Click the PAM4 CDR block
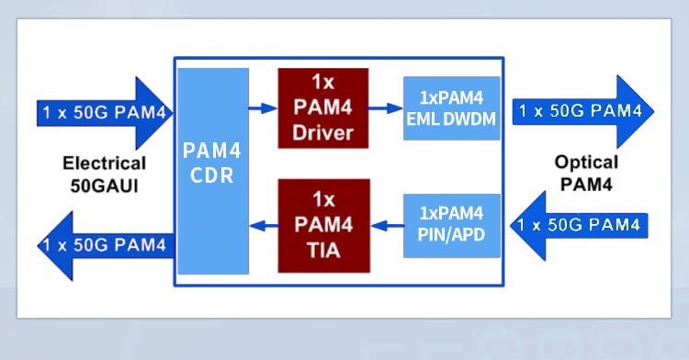tap(213, 171)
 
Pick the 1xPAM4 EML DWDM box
tap(451, 108)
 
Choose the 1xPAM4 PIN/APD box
tap(451, 225)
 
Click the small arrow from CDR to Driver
tap(263, 108)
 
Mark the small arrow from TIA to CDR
tap(263, 225)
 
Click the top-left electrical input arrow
tap(101, 114)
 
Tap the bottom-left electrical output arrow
tap(101, 245)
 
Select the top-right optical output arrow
tap(582, 112)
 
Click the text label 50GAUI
tap(104, 184)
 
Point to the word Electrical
tap(104, 163)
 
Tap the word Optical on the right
tap(586, 162)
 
